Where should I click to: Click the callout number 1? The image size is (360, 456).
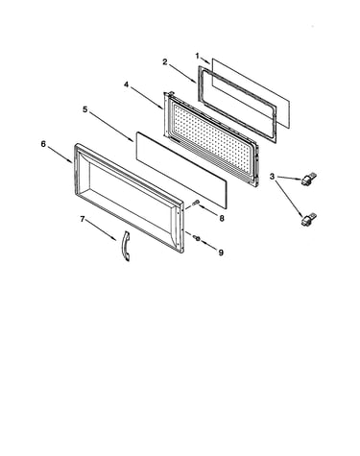click(198, 56)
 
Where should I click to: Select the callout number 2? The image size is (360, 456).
click(165, 61)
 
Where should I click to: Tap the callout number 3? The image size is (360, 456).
click(272, 176)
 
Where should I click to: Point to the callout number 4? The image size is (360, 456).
click(127, 84)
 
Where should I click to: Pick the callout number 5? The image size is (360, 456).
click(84, 109)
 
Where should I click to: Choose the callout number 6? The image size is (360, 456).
click(43, 144)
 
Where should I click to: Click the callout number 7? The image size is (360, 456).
click(83, 219)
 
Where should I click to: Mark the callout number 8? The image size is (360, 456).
click(222, 218)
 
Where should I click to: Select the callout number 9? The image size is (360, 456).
click(221, 252)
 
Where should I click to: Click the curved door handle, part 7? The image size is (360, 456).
click(124, 247)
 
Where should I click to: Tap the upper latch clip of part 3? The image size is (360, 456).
click(309, 179)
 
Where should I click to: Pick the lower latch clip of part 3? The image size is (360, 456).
click(308, 219)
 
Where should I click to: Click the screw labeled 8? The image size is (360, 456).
click(196, 202)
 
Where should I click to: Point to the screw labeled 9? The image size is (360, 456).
click(196, 238)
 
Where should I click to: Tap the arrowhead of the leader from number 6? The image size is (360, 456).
click(71, 162)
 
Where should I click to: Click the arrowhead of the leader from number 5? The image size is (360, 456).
click(132, 140)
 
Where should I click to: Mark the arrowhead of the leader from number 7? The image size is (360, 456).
click(114, 239)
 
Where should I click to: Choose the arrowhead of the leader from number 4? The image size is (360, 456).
click(161, 108)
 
